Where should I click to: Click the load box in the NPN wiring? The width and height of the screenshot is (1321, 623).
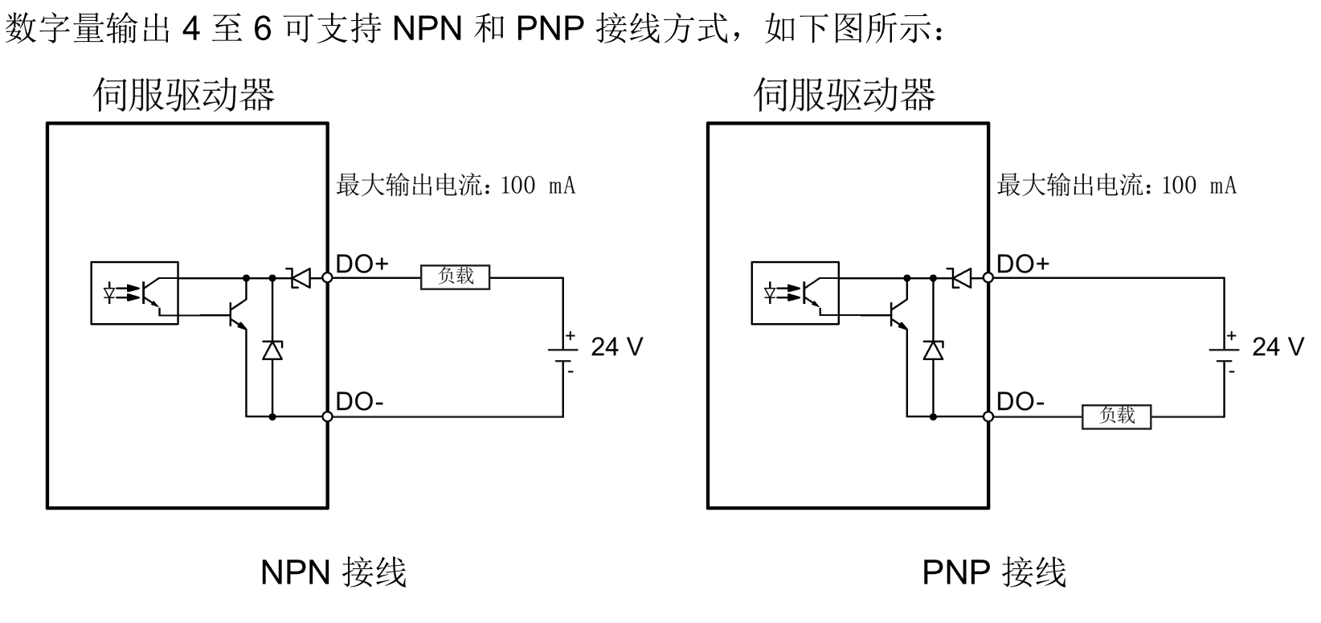pos(455,277)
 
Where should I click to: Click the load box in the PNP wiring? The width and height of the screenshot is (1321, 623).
pos(1116,416)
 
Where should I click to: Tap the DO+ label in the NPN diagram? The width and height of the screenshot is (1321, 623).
pos(362,264)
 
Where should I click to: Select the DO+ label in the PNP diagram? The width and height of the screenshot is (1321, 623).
pos(1023,264)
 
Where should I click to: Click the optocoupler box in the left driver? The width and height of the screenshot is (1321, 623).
pos(134,293)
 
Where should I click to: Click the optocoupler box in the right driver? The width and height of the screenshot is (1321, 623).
pos(795,293)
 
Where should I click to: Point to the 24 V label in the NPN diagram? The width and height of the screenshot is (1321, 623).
pos(616,346)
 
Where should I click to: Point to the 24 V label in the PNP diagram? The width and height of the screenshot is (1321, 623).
pos(1278,346)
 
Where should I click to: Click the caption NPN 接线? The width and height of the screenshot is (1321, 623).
pos(333,572)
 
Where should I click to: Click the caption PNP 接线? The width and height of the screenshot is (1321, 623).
pos(994,572)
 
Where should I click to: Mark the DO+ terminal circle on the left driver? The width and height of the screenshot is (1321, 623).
pos(327,277)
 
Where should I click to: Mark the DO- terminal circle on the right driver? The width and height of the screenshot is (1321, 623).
pos(988,416)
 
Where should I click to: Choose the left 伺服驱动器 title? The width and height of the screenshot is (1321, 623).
pos(184,94)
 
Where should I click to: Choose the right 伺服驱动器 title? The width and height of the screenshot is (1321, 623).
pos(845,94)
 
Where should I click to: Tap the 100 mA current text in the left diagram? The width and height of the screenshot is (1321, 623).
pos(538,186)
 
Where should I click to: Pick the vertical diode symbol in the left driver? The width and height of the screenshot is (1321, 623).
pos(272,350)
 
